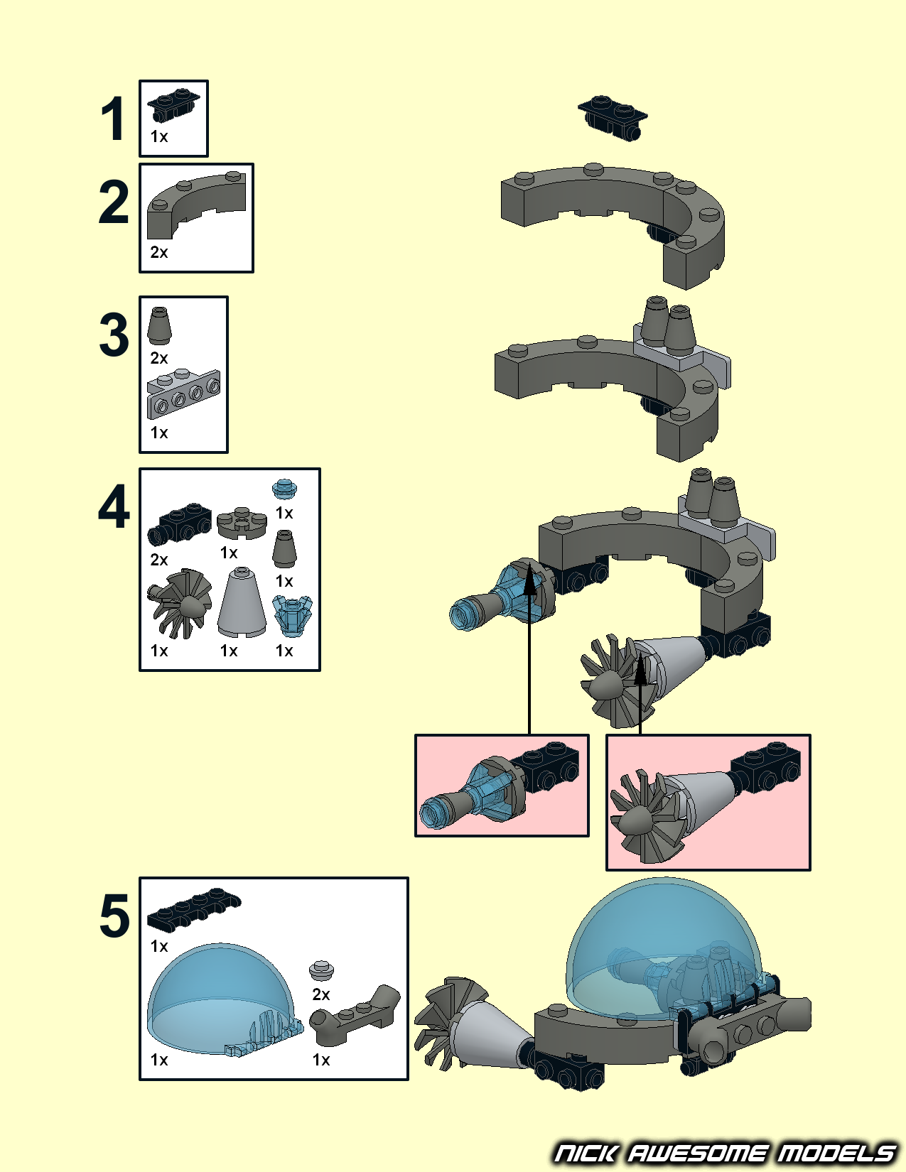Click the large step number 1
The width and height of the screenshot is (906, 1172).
pos(113,119)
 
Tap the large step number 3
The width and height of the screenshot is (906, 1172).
pos(114,335)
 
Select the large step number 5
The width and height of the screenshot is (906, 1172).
pos(114,916)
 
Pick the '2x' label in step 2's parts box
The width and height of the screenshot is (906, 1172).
pos(159,252)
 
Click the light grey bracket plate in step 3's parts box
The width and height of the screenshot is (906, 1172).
pos(183,394)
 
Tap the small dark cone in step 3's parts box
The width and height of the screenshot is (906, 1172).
pos(159,326)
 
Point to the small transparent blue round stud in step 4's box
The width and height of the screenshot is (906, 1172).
pos(284,489)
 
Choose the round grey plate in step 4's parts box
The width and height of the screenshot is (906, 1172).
pos(242,522)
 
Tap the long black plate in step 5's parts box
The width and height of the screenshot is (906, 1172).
pos(194,911)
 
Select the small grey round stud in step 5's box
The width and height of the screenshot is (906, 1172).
pos(322,971)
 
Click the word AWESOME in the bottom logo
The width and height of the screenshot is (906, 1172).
pos(696,1152)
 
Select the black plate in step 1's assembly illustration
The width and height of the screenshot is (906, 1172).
pos(613,118)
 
